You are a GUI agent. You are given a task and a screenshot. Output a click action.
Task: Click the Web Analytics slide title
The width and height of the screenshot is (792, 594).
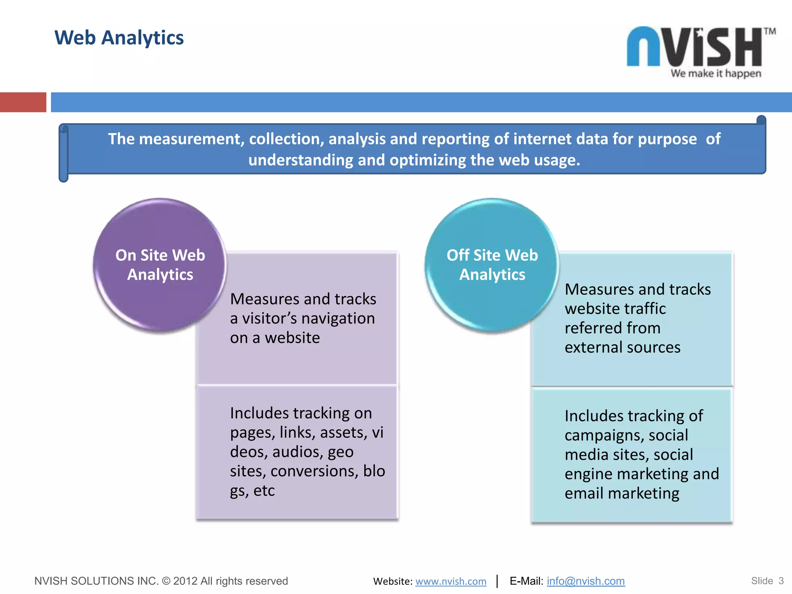pyautogui.click(x=119, y=38)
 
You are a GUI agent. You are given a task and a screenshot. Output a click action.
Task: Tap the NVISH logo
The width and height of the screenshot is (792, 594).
pyautogui.click(x=695, y=47)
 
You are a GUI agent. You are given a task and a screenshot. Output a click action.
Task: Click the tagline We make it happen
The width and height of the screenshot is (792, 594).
pyautogui.click(x=716, y=73)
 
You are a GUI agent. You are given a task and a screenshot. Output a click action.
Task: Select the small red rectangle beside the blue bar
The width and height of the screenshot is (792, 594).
pyautogui.click(x=23, y=102)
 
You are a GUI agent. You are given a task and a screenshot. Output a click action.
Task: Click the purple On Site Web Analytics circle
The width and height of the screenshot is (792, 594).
pyautogui.click(x=160, y=265)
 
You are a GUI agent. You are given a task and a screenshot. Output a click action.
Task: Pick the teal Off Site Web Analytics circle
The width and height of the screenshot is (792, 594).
pyautogui.click(x=492, y=265)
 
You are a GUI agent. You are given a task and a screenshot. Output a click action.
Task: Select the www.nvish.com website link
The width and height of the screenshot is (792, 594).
pyautogui.click(x=451, y=581)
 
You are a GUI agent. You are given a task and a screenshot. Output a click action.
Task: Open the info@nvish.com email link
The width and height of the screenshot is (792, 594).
pyautogui.click(x=585, y=581)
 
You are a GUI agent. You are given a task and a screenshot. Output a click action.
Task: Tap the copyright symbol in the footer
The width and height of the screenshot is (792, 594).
pyautogui.click(x=166, y=581)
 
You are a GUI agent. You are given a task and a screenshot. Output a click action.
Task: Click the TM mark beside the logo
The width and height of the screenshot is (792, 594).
pyautogui.click(x=769, y=32)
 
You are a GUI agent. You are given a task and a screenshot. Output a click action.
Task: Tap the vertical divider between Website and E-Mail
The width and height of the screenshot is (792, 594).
pyautogui.click(x=497, y=581)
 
